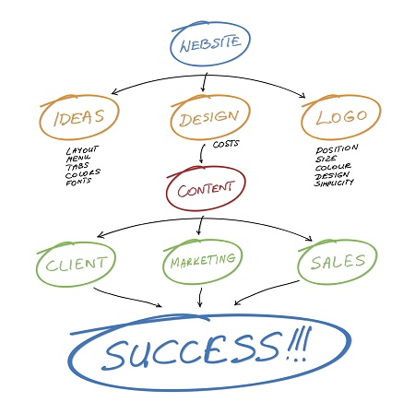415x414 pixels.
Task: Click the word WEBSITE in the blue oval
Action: pos(210,44)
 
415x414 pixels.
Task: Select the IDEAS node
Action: pos(79,117)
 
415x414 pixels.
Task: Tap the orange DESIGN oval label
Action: pos(209,118)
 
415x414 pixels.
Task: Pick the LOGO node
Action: pos(341,117)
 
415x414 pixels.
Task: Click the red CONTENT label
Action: pos(206,190)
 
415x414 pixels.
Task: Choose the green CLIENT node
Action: pos(76,264)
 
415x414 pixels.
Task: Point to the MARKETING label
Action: pos(203,261)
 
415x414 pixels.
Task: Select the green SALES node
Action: pos(338,262)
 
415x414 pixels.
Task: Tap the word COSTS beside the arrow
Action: pos(226,144)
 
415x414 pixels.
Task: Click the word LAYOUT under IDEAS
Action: pos(82,150)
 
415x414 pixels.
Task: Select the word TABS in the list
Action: pos(77,167)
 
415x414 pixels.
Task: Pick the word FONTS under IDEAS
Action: pos(78,182)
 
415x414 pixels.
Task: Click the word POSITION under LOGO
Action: pos(337,149)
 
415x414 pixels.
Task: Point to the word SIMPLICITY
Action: pos(334,183)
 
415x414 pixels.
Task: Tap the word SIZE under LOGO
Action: pos(326,159)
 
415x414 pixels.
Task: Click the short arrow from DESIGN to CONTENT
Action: pos(202,153)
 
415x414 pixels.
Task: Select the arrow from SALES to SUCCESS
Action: pos(267,291)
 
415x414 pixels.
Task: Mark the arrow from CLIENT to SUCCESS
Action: pos(127,298)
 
